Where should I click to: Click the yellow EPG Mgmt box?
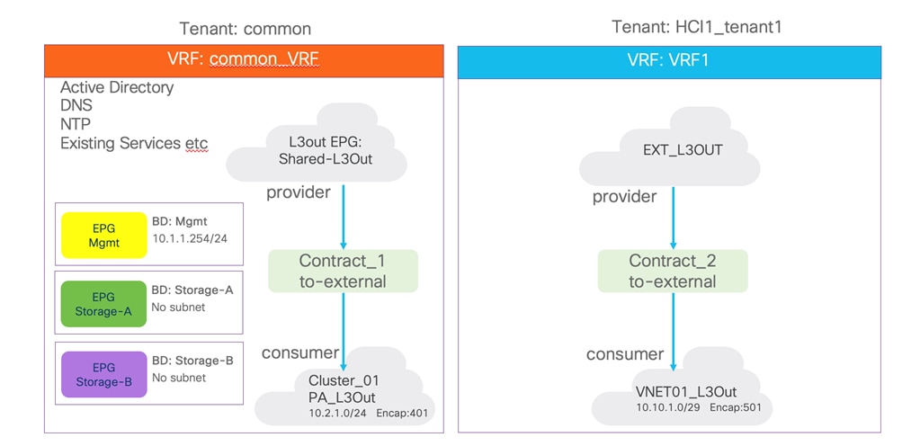point(103,235)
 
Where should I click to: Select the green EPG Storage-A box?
point(103,303)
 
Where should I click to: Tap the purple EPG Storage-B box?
point(103,374)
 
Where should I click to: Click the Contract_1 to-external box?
point(343,271)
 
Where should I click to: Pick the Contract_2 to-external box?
point(673,271)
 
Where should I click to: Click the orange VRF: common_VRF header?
point(244,60)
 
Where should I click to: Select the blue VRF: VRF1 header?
point(669,61)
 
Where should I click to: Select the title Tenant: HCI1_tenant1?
point(697,27)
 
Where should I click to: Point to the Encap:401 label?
point(407,413)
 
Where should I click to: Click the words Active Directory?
point(117,87)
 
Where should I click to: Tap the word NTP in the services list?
point(76,124)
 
